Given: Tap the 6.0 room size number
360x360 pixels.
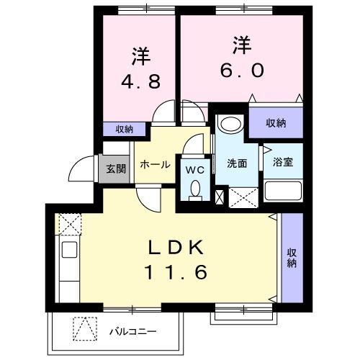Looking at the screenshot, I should click(x=240, y=70).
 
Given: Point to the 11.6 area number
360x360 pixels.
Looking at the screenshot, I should click(x=176, y=273).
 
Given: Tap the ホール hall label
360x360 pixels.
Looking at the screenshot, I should click(x=155, y=165).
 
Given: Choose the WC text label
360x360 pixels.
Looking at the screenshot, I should click(x=194, y=171).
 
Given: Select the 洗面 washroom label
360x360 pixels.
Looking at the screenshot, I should click(x=236, y=163).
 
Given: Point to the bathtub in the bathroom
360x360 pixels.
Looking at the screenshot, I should click(x=282, y=191).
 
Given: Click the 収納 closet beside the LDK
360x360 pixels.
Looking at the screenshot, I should click(x=292, y=257).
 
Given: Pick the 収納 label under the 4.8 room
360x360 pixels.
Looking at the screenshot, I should click(x=124, y=130).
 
